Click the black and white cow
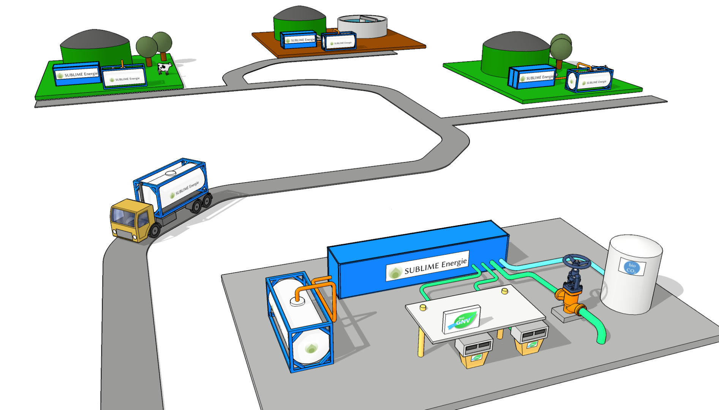164,68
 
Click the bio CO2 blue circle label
632,268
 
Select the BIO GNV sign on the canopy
461,319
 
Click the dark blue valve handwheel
577,262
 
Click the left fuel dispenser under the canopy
474,351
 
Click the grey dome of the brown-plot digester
299,13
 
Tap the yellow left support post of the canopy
421,342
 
